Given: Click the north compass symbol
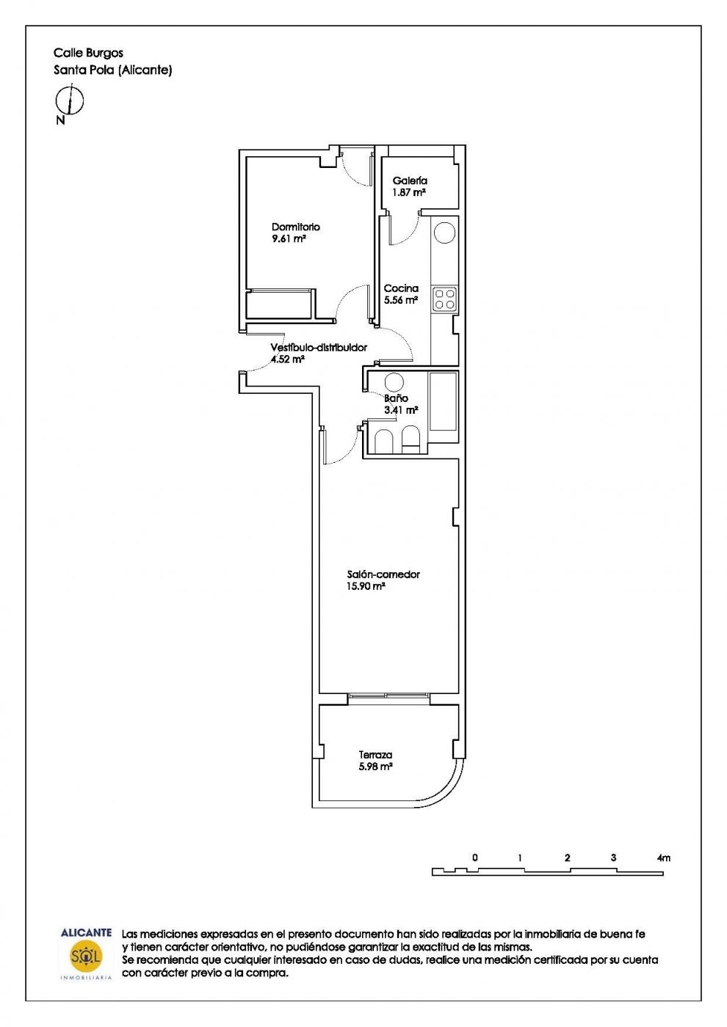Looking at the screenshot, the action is pyautogui.click(x=70, y=100).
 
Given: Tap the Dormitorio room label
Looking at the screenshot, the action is pyautogui.click(x=295, y=227).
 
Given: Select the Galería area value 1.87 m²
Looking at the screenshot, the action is pyautogui.click(x=408, y=192).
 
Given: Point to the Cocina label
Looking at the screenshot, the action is pyautogui.click(x=401, y=288).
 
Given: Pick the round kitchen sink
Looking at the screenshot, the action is pyautogui.click(x=444, y=233).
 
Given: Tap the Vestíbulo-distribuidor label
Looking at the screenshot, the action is pyautogui.click(x=319, y=348).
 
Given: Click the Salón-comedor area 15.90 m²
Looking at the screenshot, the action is pyautogui.click(x=366, y=586).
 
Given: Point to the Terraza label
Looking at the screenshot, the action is pyautogui.click(x=375, y=755).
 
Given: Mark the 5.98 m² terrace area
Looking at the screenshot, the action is pyautogui.click(x=375, y=767).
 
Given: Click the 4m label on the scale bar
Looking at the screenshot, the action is pyautogui.click(x=664, y=858).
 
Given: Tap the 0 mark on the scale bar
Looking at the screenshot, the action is pyautogui.click(x=475, y=858).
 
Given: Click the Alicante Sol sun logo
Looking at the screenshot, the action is pyautogui.click(x=86, y=957).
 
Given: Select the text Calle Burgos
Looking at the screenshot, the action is pyautogui.click(x=89, y=53).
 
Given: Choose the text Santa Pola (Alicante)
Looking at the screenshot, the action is pyautogui.click(x=113, y=70).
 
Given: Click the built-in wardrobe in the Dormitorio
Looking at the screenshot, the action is pyautogui.click(x=281, y=304).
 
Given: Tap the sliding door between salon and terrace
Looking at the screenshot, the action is pyautogui.click(x=388, y=695).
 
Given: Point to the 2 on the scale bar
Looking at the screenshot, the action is pyautogui.click(x=567, y=858).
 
